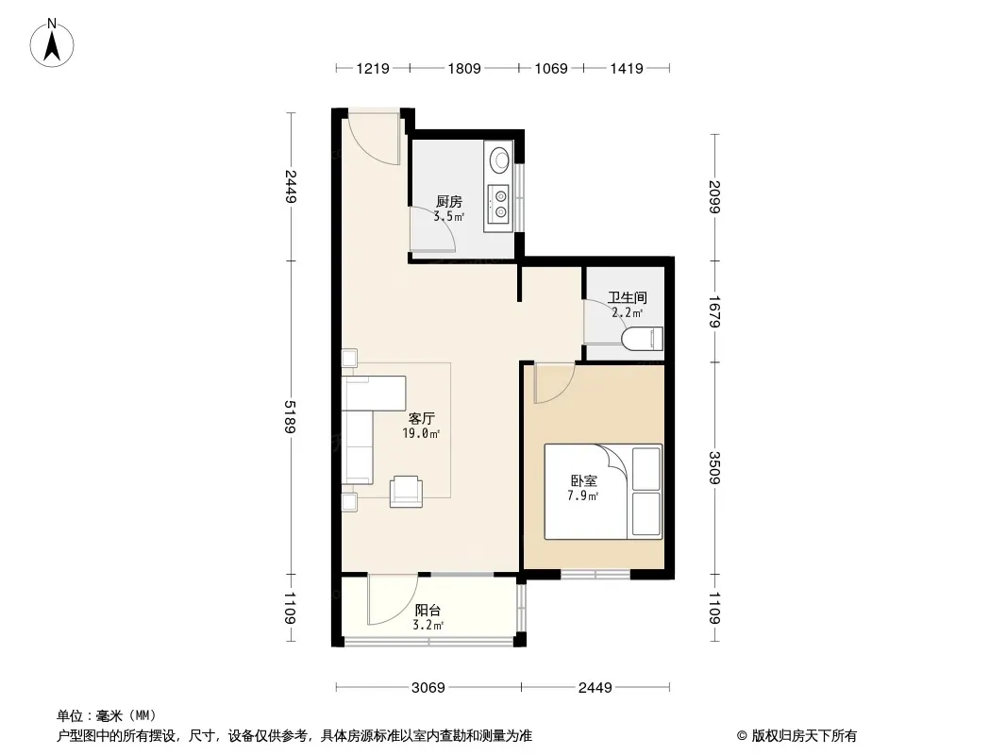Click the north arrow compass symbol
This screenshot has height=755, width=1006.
[52, 43]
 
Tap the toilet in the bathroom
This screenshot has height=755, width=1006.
[643, 339]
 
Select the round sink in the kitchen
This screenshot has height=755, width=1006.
[499, 159]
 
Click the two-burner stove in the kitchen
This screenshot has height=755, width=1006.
[499, 204]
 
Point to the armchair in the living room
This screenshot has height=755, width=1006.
[406, 492]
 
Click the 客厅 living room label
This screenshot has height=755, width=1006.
[422, 419]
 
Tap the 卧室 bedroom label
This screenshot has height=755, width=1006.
[584, 481]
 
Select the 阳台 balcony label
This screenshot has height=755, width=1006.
[428, 610]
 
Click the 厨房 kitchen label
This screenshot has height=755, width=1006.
[449, 201]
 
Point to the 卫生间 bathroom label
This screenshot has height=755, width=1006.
[628, 297]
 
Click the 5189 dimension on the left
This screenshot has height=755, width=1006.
[291, 417]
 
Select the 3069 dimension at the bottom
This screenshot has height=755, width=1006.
[428, 688]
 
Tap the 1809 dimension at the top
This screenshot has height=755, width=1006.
[464, 68]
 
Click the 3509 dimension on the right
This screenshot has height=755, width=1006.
[714, 467]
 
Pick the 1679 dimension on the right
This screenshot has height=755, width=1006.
[714, 311]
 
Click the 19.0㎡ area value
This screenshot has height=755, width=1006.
[421, 433]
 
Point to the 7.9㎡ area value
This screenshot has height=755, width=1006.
[582, 495]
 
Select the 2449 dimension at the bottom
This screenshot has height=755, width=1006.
[595, 688]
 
